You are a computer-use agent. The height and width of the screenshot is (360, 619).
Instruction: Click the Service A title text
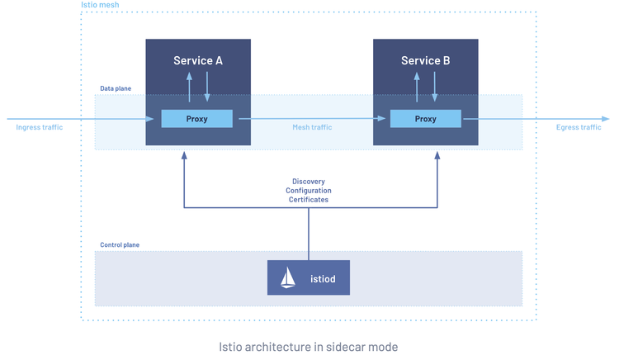pyautogui.click(x=197, y=60)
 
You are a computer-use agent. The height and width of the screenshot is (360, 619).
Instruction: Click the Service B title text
pyautogui.click(x=425, y=60)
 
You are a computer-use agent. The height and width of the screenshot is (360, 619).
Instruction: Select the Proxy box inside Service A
pyautogui.click(x=196, y=119)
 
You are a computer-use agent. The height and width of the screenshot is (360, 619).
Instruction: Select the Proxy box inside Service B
pyautogui.click(x=425, y=119)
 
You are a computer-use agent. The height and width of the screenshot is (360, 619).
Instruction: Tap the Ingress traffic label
pyautogui.click(x=39, y=127)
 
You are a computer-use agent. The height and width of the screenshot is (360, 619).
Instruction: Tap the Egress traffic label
pyautogui.click(x=579, y=127)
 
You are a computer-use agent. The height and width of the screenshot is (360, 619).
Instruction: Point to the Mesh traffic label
pyautogui.click(x=312, y=127)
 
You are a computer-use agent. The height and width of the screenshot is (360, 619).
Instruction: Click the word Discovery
pyautogui.click(x=308, y=181)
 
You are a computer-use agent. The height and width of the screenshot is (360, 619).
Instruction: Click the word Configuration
pyautogui.click(x=308, y=190)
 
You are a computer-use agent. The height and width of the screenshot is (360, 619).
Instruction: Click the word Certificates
pyautogui.click(x=308, y=200)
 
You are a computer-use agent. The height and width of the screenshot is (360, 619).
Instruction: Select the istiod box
pyautogui.click(x=308, y=277)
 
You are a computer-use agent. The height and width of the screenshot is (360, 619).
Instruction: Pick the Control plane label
pyautogui.click(x=120, y=245)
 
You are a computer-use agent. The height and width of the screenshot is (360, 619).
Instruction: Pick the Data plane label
pyautogui.click(x=115, y=88)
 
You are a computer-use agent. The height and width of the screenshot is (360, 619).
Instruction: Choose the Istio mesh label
pyautogui.click(x=99, y=6)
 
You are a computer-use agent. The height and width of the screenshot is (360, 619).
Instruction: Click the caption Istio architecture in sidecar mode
pyautogui.click(x=308, y=346)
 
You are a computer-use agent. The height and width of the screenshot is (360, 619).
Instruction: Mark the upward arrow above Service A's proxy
pyautogui.click(x=188, y=87)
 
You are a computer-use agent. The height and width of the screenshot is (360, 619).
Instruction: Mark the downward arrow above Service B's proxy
pyautogui.click(x=435, y=87)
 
